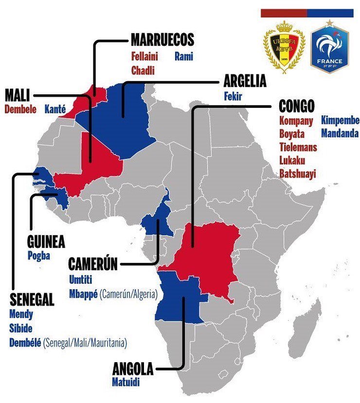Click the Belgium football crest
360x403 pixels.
pos(284,46)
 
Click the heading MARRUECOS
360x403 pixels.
pos(162,40)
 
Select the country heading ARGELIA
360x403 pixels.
pos(245,81)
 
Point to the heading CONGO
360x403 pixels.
pos(297,106)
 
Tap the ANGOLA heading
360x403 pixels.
pos(132,369)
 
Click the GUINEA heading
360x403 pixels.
pos(46,243)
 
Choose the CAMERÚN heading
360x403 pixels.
pos(93,264)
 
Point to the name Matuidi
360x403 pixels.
pos(126,383)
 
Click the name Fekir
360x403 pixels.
pos(233,96)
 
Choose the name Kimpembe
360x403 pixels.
pos(340,121)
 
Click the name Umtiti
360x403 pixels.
pos(80,279)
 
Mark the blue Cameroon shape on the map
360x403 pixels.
pos(157,221)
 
